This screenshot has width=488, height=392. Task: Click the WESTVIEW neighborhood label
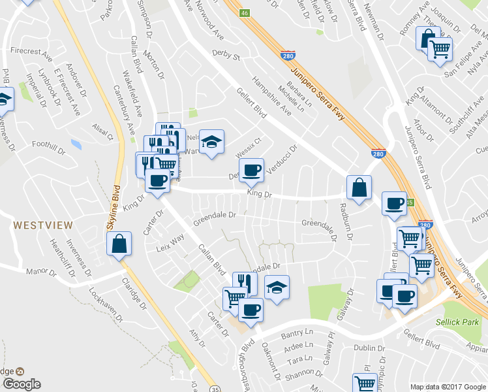[x=42, y=225]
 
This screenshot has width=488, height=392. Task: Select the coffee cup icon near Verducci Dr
[x=251, y=171]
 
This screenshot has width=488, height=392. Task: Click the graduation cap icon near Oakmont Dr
[x=277, y=287]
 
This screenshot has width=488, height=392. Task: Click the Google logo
[x=21, y=384]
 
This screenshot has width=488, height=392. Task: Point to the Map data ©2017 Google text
[x=448, y=387]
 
